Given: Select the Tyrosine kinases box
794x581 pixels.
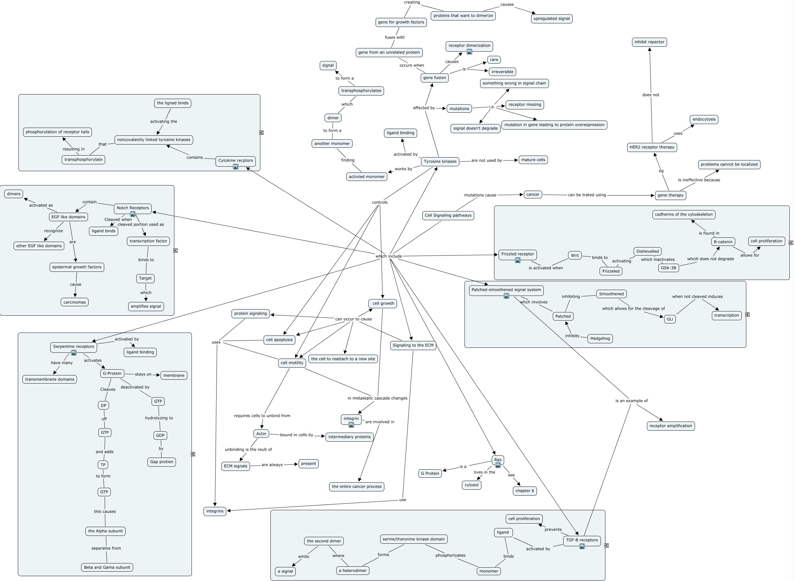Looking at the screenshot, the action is (x=440, y=161).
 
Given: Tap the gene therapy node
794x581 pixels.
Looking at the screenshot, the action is (x=670, y=195).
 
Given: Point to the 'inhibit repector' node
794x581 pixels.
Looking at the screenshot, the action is (x=649, y=42).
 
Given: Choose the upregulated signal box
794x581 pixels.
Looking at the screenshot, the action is (x=552, y=19).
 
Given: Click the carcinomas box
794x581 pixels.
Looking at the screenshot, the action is (x=75, y=302).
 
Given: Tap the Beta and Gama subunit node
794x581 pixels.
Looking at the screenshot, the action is (x=107, y=567).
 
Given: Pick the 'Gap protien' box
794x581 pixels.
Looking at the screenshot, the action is (x=162, y=462).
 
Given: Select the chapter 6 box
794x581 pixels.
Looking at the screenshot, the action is (x=525, y=491).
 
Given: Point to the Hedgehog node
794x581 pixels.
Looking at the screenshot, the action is (x=600, y=338).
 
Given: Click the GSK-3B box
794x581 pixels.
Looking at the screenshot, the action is (x=668, y=268).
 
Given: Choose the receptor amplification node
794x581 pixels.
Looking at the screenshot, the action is (x=671, y=426).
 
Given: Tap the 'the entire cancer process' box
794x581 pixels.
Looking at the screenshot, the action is (x=356, y=486).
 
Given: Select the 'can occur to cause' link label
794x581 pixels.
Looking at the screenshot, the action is (x=353, y=319).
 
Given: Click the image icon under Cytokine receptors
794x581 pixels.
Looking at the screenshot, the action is (x=235, y=167).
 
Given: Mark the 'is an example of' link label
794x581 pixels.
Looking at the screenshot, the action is (x=631, y=400).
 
